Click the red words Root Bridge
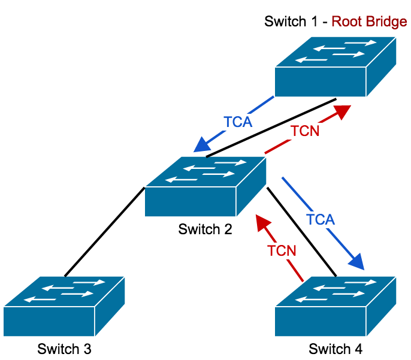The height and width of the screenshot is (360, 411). [x=370, y=22]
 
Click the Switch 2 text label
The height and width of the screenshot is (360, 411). [x=205, y=229]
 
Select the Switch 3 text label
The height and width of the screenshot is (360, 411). [x=64, y=348]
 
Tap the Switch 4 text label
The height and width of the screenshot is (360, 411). [x=336, y=348]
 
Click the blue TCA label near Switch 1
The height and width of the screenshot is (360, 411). [x=238, y=122]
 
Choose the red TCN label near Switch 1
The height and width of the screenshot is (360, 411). [x=305, y=131]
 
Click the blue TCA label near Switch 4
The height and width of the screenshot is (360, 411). [x=320, y=219]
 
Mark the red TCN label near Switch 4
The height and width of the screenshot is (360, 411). [x=282, y=250]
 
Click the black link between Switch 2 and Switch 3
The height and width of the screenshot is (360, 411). [x=104, y=231]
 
